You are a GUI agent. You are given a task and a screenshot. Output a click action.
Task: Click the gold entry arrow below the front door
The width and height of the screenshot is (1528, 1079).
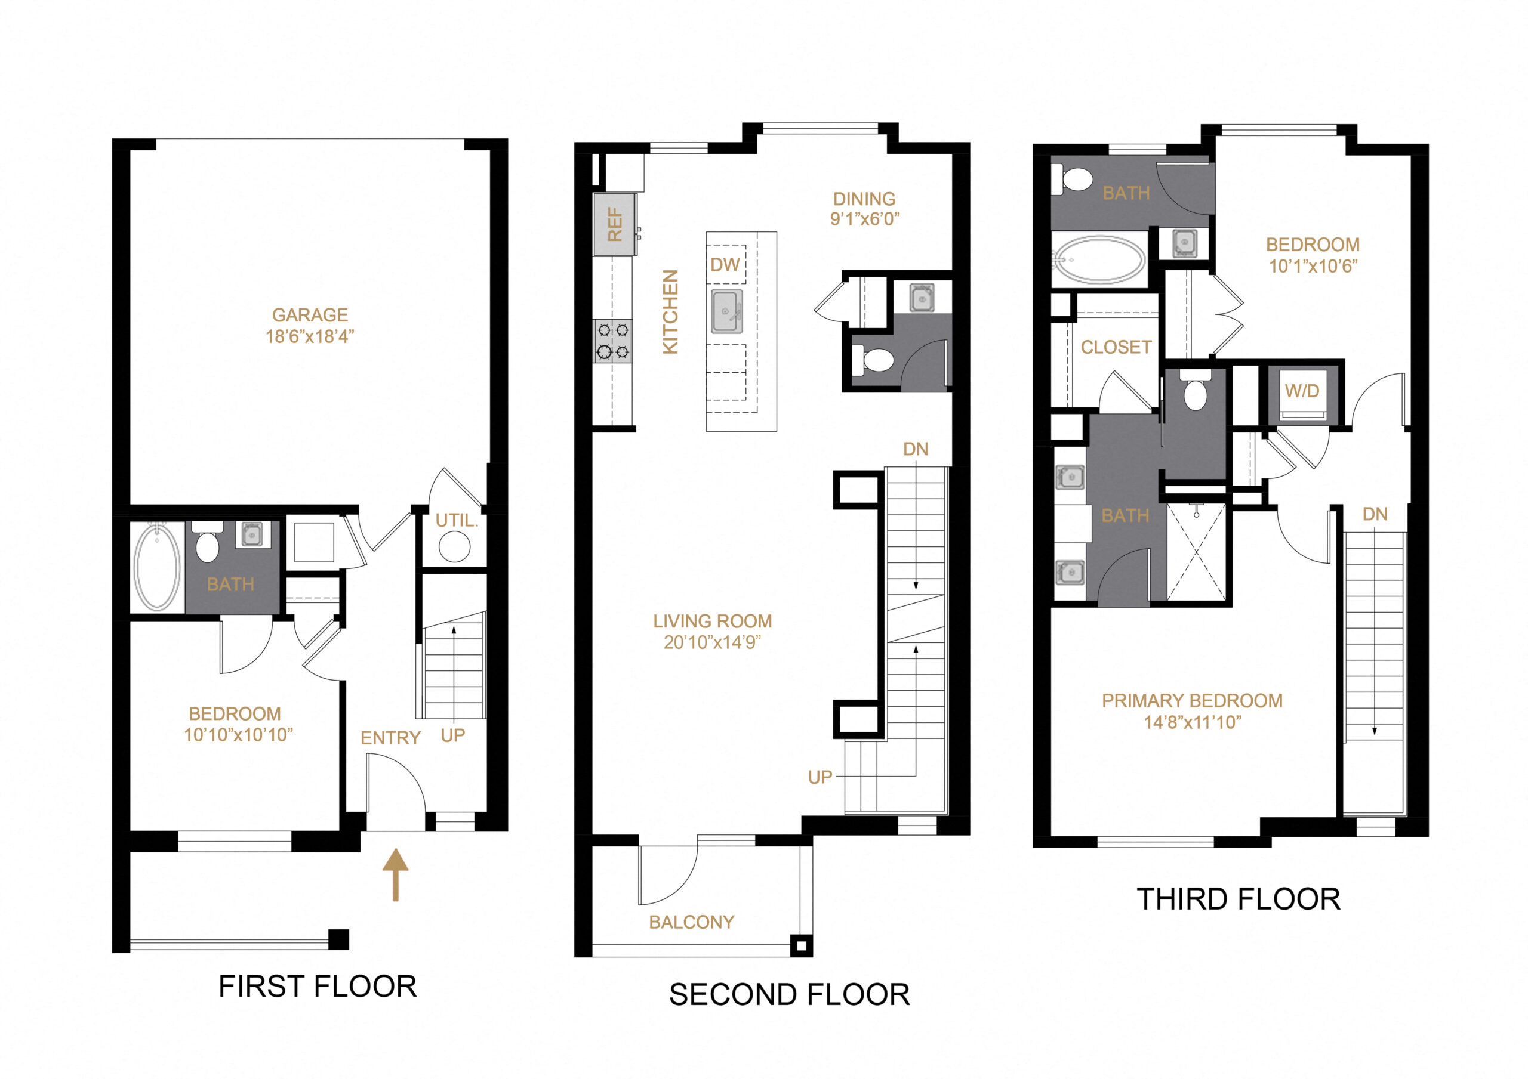pyautogui.click(x=395, y=874)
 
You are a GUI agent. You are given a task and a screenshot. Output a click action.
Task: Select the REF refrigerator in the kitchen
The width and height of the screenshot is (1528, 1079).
pyautogui.click(x=614, y=225)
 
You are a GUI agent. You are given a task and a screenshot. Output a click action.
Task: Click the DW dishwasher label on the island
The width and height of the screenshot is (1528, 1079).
pyautogui.click(x=725, y=265)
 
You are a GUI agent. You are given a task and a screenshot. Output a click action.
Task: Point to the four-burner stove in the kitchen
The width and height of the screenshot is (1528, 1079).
pyautogui.click(x=613, y=341)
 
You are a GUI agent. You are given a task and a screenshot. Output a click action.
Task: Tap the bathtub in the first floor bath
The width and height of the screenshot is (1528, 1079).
pyautogui.click(x=157, y=567)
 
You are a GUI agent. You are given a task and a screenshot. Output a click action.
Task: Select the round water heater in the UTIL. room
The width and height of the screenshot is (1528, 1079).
pyautogui.click(x=455, y=548)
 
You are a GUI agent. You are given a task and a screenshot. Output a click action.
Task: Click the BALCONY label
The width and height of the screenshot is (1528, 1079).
pyautogui.click(x=691, y=922)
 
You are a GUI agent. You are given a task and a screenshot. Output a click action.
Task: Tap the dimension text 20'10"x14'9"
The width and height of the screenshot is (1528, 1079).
pyautogui.click(x=712, y=642)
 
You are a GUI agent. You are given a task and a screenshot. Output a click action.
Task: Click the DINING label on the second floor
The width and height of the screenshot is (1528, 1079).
pyautogui.click(x=864, y=199)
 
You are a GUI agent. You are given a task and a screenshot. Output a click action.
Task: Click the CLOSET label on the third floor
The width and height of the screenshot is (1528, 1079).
pyautogui.click(x=1116, y=347)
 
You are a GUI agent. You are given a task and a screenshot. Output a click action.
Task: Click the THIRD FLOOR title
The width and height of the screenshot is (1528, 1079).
pyautogui.click(x=1238, y=899)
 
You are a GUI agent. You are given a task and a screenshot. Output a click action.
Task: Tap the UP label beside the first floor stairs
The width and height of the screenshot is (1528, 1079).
pyautogui.click(x=452, y=735)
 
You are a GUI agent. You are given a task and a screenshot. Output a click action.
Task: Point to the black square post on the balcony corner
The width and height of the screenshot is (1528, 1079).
pyautogui.click(x=800, y=945)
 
